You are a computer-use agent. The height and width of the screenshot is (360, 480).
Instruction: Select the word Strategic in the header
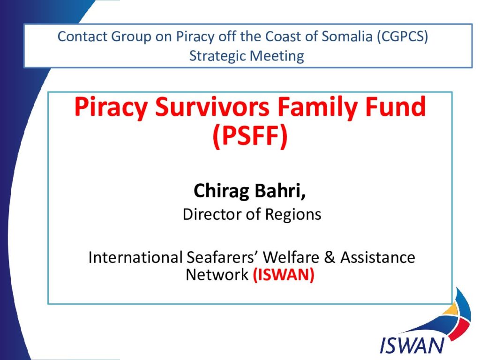pyautogui.click(x=217, y=56)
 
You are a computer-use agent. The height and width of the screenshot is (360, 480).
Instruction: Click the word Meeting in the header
pyautogui.click(x=277, y=56)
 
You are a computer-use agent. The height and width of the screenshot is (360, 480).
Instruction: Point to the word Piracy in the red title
pyautogui.click(x=111, y=107)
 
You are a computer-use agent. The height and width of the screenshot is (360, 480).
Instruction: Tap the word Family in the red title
pyautogui.click(x=317, y=107)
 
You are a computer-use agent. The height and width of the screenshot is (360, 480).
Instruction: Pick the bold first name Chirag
pyautogui.click(x=221, y=191)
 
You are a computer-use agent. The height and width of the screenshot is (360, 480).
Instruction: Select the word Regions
pyautogui.click(x=293, y=215)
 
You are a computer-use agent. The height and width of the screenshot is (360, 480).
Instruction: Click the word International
pyautogui.click(x=135, y=257)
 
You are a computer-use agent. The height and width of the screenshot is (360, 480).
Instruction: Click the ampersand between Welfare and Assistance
pyautogui.click(x=330, y=257)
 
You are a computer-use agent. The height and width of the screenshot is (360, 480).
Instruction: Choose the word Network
pyautogui.click(x=217, y=275)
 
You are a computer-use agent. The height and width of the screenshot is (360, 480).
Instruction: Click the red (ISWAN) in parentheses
pyautogui.click(x=284, y=275)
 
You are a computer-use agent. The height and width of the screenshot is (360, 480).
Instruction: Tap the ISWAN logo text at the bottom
pyautogui.click(x=412, y=345)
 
